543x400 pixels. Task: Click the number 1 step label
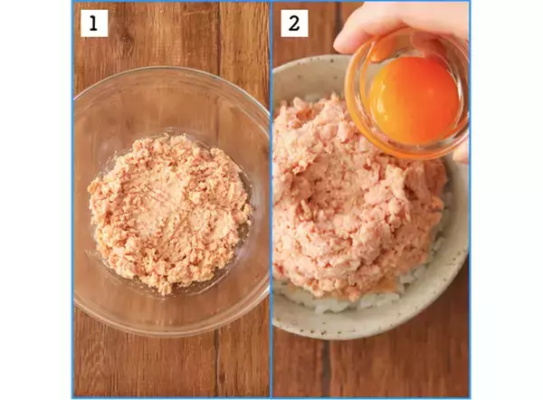(94, 24)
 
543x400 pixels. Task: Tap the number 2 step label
(294, 24)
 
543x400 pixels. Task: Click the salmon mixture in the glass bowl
(170, 213)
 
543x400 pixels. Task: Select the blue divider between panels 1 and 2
(271, 199)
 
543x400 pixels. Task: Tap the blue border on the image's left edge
(73, 199)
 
